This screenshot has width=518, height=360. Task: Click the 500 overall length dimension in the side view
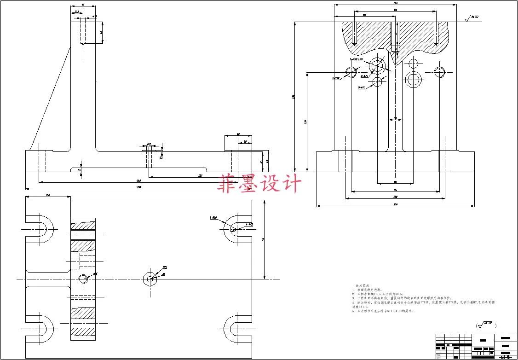point(138,187)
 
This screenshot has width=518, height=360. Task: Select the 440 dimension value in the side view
point(138,181)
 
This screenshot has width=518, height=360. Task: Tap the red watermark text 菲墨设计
point(260,183)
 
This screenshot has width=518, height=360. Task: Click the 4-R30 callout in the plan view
point(213,218)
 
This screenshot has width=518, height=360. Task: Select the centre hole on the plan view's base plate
point(149,278)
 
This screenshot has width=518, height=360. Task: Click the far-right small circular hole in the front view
point(439,71)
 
